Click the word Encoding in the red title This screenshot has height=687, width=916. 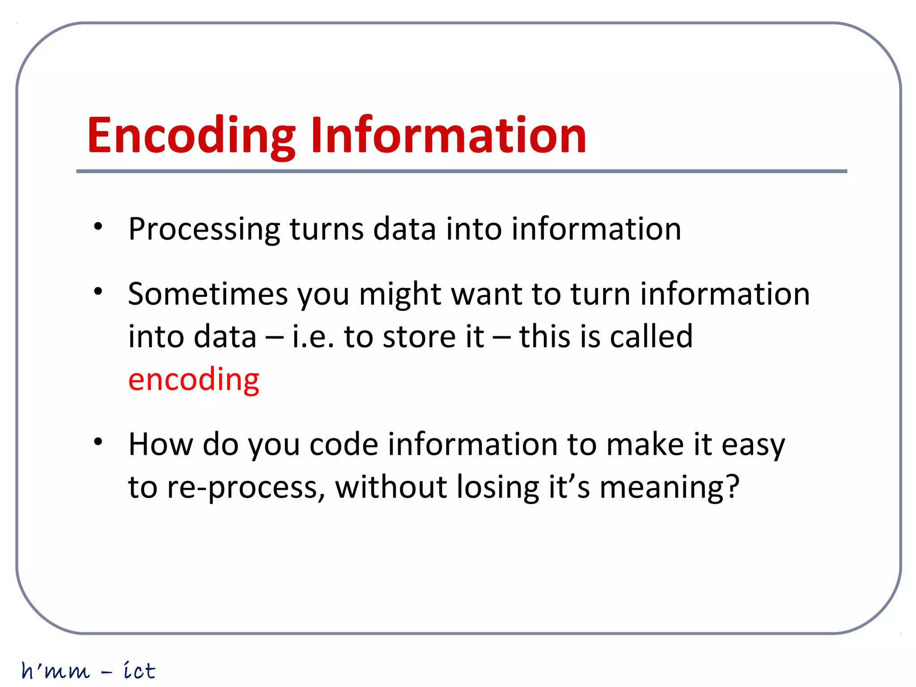[191, 136]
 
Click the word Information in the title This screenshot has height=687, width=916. [448, 136]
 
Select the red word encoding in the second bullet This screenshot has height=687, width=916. [193, 379]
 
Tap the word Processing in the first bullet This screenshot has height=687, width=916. [204, 229]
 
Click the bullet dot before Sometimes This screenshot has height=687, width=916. [98, 292]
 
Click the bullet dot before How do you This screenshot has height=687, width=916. [98, 442]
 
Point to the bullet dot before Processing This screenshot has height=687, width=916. [98, 226]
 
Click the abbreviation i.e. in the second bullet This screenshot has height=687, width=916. [313, 336]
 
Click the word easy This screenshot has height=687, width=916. [753, 445]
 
